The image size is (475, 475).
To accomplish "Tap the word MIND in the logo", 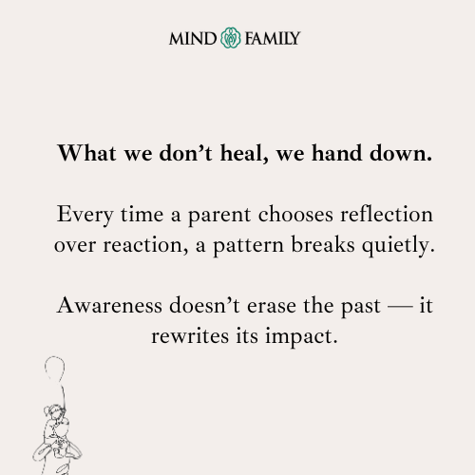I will (x=194, y=39).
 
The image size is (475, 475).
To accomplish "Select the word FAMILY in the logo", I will (x=274, y=39).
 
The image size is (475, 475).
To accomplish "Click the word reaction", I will (x=132, y=244).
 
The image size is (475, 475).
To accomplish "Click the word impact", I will (x=303, y=336).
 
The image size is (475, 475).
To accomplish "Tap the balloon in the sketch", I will (x=54, y=367).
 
